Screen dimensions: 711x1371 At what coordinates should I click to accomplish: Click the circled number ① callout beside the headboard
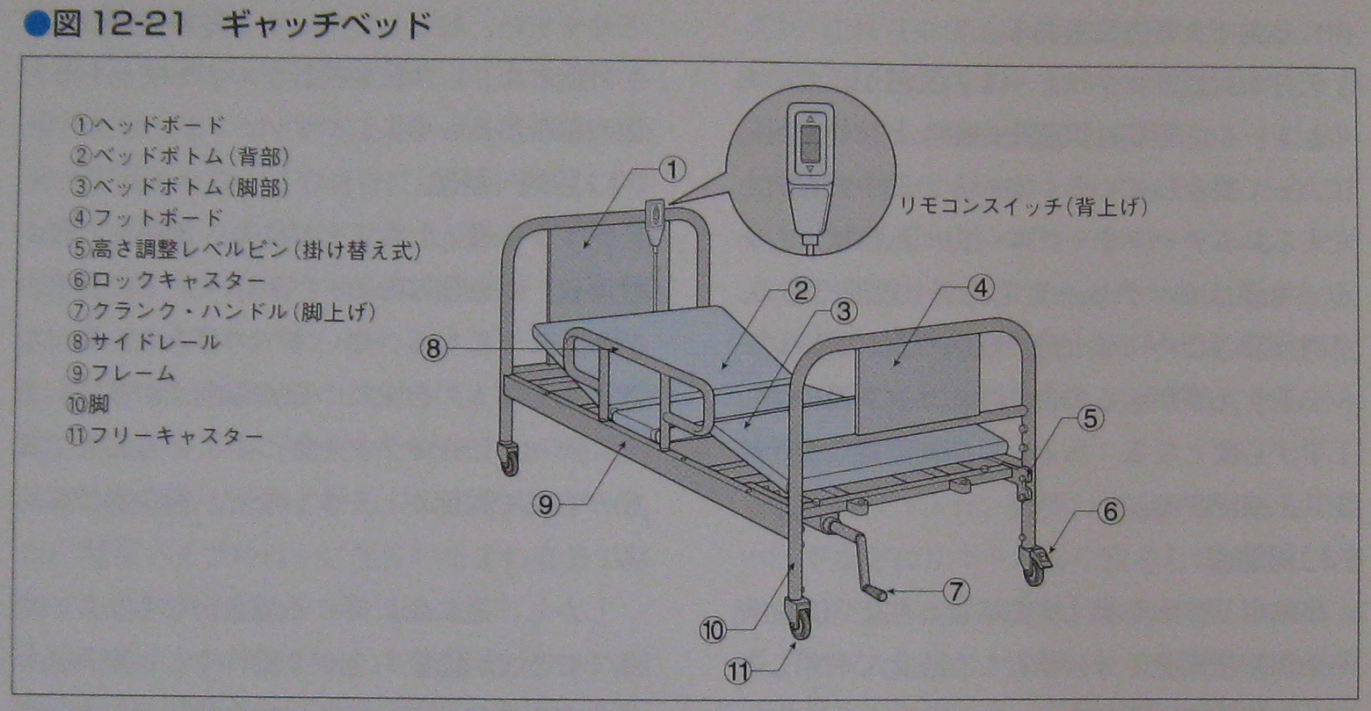671,170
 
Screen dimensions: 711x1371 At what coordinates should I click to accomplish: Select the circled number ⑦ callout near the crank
956,591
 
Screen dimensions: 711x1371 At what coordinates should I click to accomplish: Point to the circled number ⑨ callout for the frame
547,504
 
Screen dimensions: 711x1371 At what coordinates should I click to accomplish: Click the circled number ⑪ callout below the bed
738,672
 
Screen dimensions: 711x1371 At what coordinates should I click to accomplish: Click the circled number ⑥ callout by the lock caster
1111,511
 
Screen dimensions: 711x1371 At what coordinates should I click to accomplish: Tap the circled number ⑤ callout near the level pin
1090,419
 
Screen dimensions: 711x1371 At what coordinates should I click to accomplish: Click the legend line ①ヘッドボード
147,125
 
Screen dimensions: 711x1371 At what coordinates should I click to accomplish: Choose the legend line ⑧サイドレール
145,342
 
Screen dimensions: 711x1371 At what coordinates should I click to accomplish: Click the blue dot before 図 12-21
35,24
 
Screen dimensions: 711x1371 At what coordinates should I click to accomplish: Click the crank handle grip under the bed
874,594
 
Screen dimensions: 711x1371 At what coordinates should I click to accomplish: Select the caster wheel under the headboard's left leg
509,460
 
